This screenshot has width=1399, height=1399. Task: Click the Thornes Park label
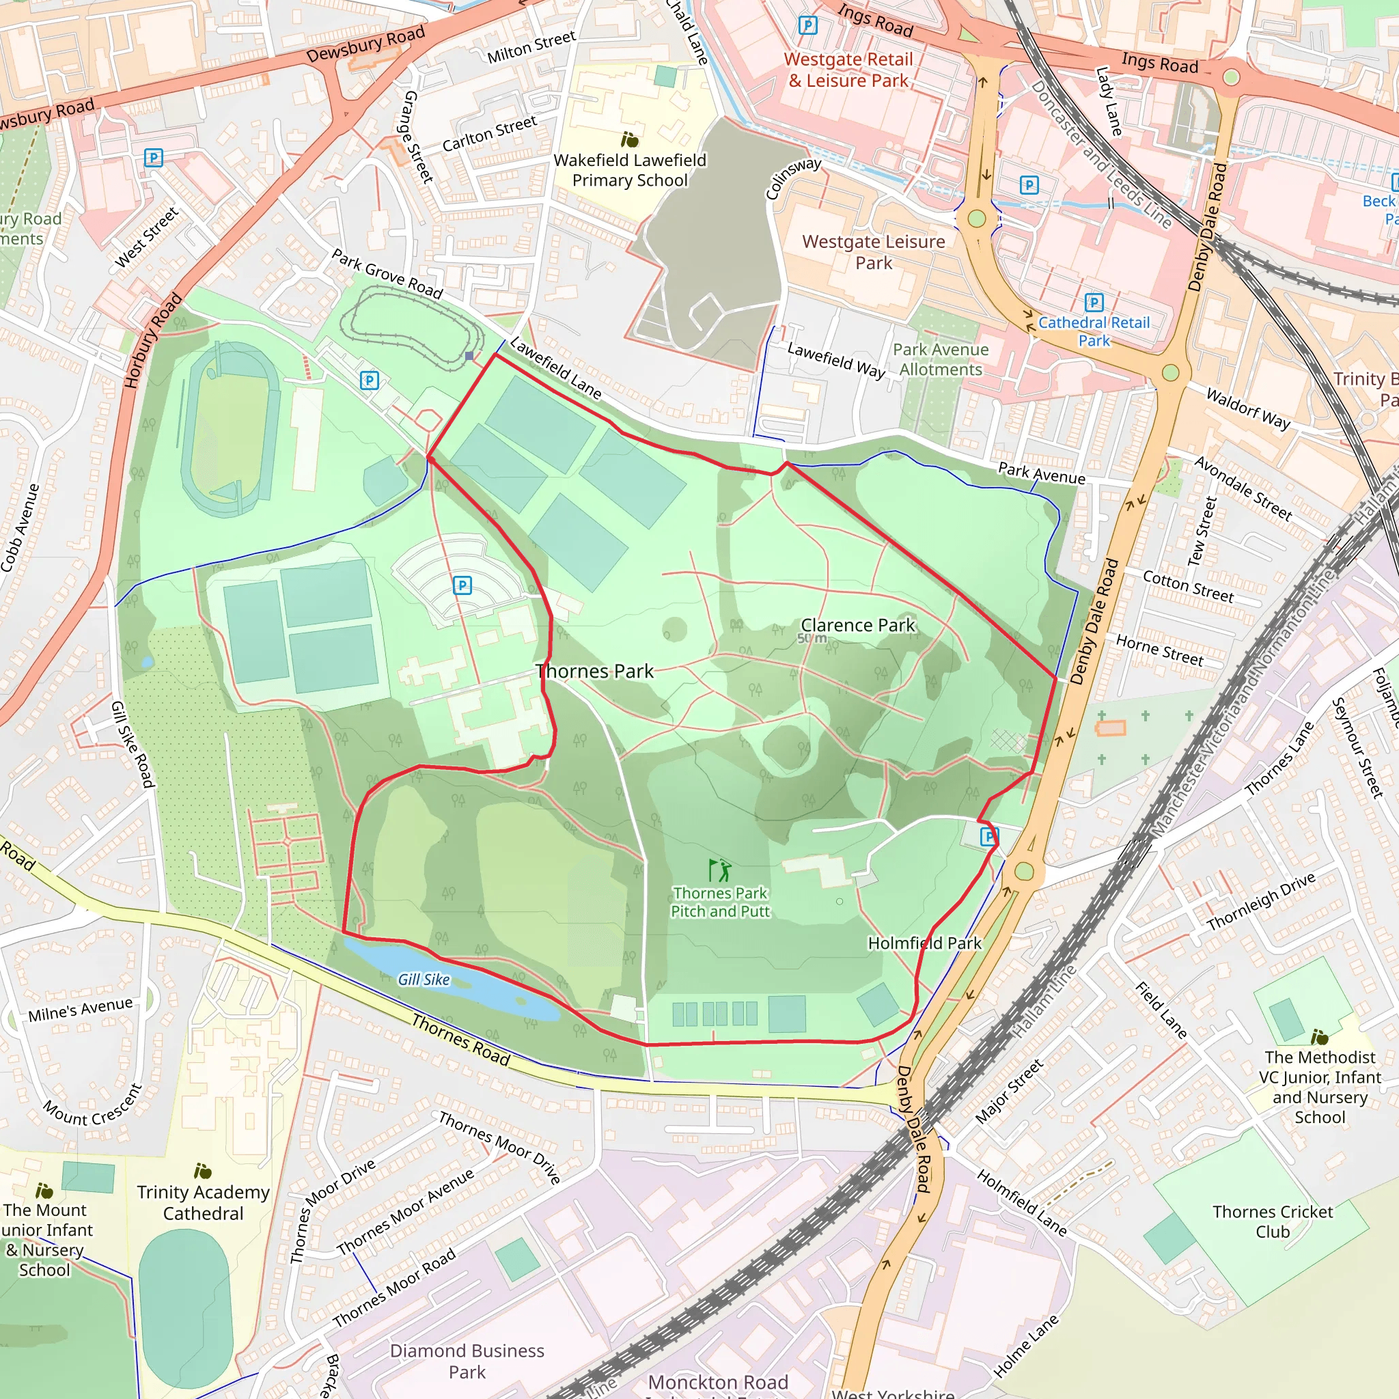point(594,671)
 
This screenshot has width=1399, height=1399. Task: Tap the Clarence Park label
point(857,625)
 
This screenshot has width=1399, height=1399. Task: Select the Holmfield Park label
point(925,943)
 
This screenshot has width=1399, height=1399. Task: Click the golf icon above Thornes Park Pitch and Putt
point(719,870)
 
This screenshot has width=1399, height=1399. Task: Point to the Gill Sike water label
point(424,980)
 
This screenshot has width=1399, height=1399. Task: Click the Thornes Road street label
point(460,1040)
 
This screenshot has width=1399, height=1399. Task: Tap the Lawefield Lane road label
point(555,369)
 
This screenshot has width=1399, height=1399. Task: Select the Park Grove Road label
point(387,274)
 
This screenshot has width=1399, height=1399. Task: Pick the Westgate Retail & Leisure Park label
point(848,70)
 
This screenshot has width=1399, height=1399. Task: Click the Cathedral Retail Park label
point(1094,331)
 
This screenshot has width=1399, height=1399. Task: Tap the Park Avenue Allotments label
point(940,359)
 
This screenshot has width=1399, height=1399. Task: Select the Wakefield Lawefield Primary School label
point(629,170)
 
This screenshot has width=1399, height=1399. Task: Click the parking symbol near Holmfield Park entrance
point(988,837)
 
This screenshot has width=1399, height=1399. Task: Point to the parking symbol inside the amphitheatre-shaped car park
point(462,585)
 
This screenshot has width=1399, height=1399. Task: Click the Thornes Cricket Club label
point(1272,1221)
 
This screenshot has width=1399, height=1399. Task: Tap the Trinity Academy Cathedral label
point(203,1203)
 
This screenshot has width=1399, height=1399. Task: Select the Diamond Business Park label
point(467,1361)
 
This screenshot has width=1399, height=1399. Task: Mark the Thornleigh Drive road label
point(1261,902)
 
